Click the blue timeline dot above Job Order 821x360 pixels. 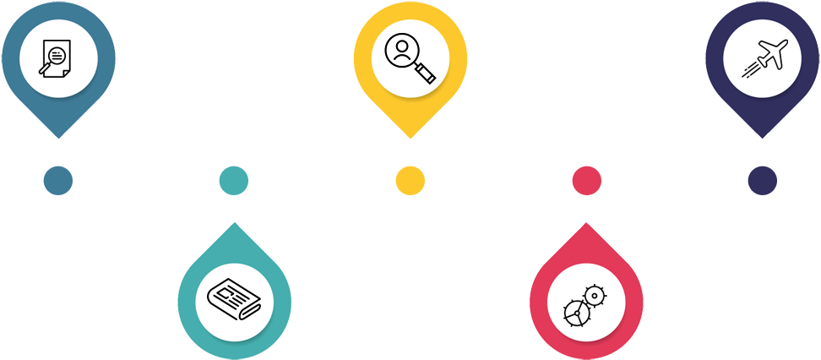[x=57, y=179]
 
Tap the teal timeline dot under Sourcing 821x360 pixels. [x=233, y=179]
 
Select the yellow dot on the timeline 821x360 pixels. [x=410, y=179]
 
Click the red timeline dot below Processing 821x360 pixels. [x=586, y=179]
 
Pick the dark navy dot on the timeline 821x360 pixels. [x=762, y=179]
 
